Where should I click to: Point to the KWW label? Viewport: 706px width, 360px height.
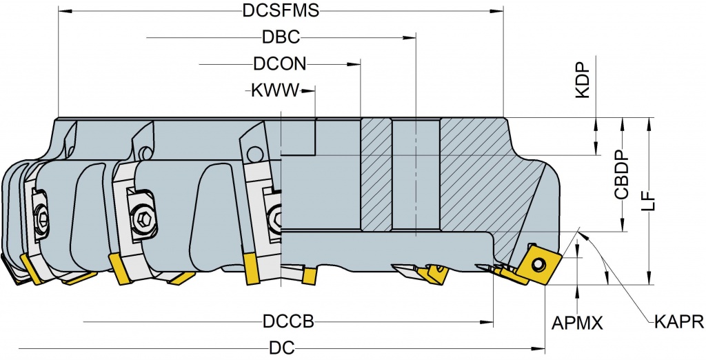(270, 90)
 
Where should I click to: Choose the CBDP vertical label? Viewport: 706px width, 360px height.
(622, 176)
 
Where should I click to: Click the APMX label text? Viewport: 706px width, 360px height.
(578, 323)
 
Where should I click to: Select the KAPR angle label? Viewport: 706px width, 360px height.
(678, 322)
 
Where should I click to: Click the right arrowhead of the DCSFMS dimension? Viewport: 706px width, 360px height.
(500, 12)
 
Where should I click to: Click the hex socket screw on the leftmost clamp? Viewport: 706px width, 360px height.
(43, 220)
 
